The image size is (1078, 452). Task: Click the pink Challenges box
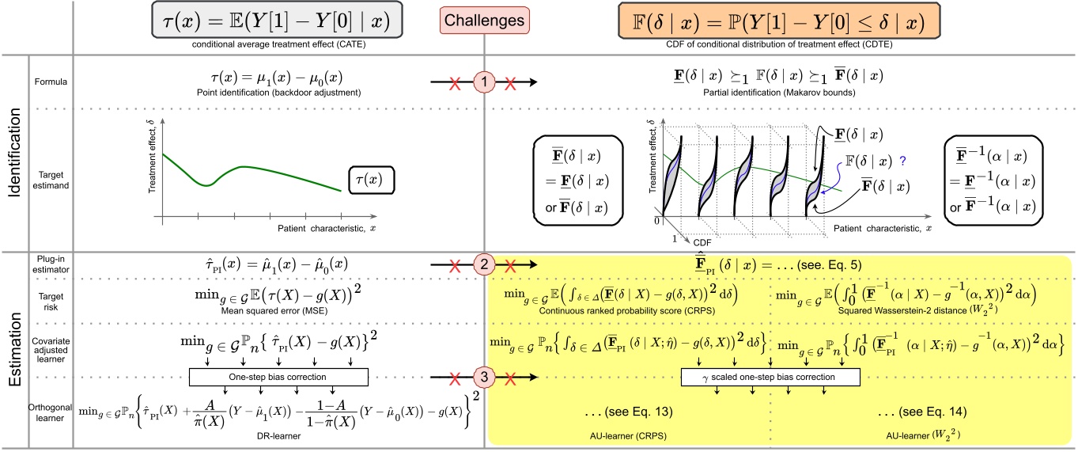coord(484,18)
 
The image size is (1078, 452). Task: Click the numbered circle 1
coord(484,81)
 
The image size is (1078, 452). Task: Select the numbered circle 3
coord(484,377)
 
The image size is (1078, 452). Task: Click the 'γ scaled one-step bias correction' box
coord(770,377)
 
